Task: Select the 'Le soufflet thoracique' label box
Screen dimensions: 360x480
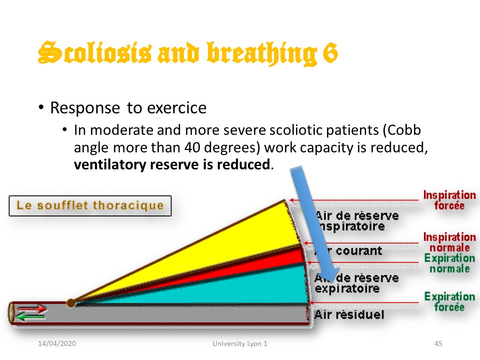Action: [x=90, y=205]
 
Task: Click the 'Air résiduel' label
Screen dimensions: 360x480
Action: [x=349, y=314]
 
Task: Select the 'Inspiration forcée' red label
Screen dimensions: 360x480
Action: [x=449, y=200]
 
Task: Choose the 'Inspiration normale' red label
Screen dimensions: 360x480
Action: [x=449, y=242]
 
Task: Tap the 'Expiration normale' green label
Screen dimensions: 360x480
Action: [x=449, y=263]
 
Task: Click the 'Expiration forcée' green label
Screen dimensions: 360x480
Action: [x=449, y=301]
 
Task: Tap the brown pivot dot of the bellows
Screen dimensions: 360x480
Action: [x=71, y=302]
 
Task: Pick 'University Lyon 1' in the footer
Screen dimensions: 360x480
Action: [x=240, y=344]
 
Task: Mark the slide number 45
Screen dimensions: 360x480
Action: [x=438, y=344]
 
